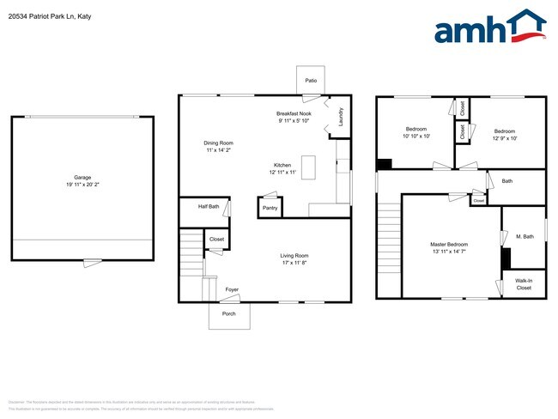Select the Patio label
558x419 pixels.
click(311, 81)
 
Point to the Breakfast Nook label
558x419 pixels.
click(294, 113)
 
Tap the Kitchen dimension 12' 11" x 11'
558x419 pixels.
click(282, 173)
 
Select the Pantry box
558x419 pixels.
click(270, 207)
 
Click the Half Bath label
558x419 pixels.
click(209, 206)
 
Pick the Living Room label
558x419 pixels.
click(294, 256)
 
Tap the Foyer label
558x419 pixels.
click(232, 290)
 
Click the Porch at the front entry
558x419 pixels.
click(229, 314)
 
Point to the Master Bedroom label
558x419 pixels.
click(449, 244)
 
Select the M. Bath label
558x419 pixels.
click(525, 236)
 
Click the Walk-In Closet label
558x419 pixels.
click(524, 284)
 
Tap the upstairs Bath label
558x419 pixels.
click(507, 181)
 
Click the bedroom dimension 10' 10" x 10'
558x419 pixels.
click(416, 136)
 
